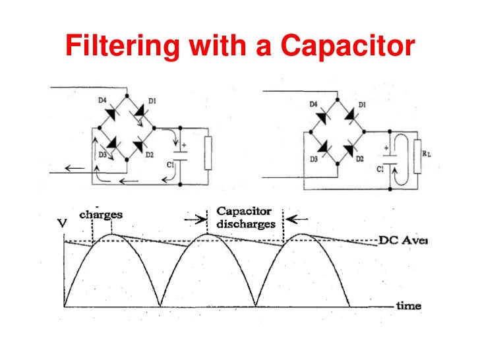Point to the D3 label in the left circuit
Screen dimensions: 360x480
coord(102,154)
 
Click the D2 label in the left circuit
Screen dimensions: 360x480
coord(149,154)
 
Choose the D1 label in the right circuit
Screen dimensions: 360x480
coord(361,105)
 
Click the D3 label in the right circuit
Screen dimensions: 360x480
coord(315,159)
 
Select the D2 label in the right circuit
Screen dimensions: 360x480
coord(359,159)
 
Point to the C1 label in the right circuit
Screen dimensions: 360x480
coord(380,169)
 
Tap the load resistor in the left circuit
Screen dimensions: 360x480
coord(208,153)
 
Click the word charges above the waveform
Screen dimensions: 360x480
coord(101,215)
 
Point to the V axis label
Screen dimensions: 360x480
coord(63,224)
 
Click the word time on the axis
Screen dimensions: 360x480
coord(409,306)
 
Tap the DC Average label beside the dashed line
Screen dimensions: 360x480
coord(403,241)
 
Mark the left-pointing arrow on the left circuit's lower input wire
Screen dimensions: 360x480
coord(75,169)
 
